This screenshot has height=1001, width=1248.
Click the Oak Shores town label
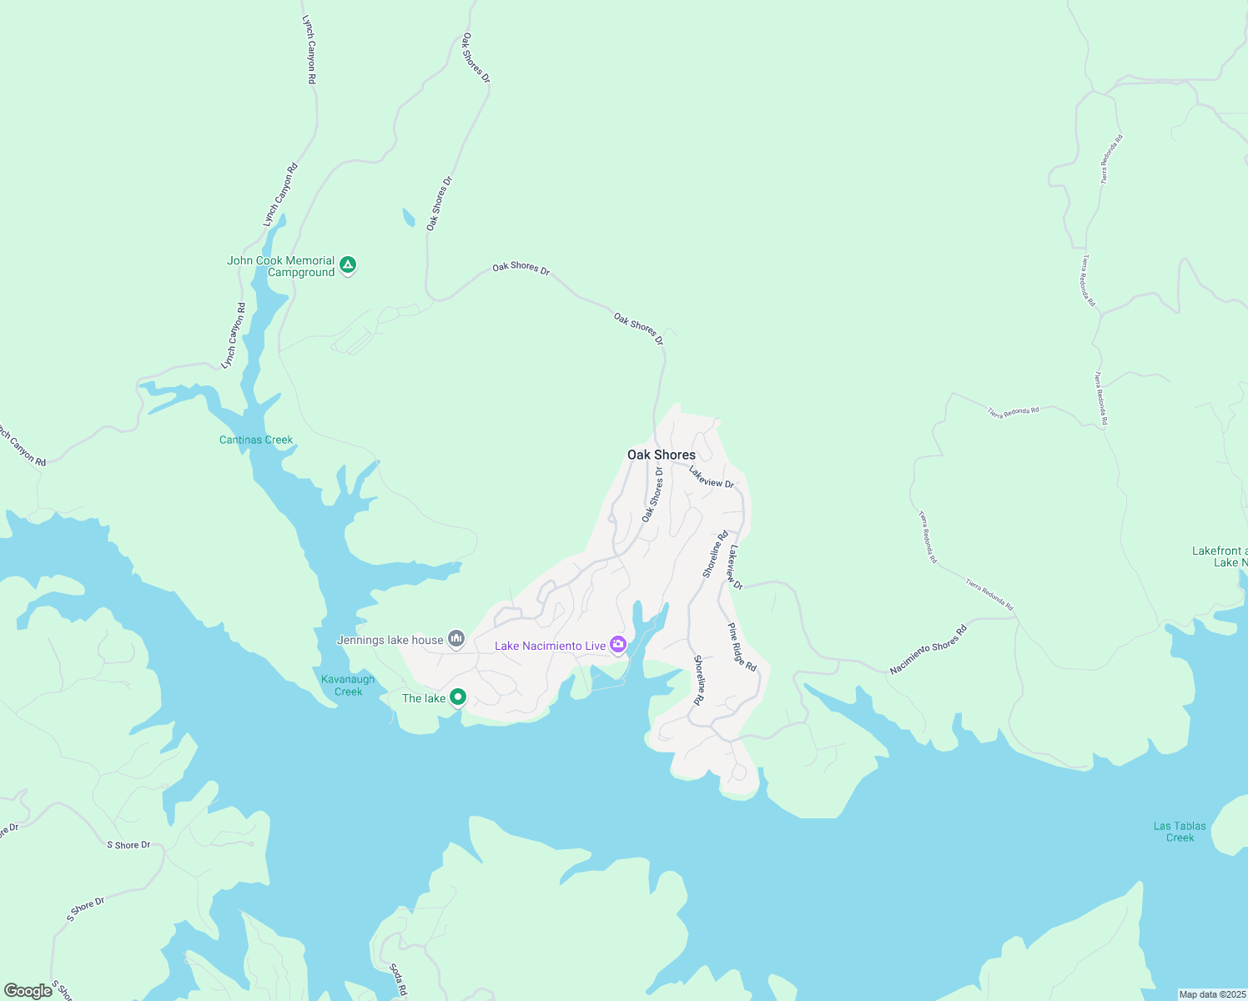coord(661,455)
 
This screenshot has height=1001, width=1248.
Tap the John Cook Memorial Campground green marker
coord(349,265)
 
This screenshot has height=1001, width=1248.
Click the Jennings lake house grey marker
coord(456,639)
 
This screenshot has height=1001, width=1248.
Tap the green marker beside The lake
coord(457,697)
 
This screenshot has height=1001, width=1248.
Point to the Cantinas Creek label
coord(256,440)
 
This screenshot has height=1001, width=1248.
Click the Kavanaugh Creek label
coord(348,685)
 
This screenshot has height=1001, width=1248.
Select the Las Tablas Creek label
coord(1180,832)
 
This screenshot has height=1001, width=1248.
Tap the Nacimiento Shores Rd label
coord(928,649)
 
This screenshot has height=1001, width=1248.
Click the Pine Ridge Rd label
coord(742,647)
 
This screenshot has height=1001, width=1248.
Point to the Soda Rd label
coord(398,979)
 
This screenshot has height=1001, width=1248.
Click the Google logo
coord(28,991)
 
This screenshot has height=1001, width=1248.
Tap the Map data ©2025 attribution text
coord(1211,994)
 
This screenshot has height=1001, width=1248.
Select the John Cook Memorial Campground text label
coord(281,266)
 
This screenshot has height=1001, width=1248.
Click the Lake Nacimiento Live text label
coord(550,646)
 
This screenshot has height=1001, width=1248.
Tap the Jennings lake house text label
coord(390,640)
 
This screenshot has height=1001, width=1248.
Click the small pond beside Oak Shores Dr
coord(408,218)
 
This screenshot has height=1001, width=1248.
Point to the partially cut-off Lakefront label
coord(1219,556)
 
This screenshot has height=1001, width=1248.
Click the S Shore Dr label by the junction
coord(128,845)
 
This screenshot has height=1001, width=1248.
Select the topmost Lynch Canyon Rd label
coord(309,49)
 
